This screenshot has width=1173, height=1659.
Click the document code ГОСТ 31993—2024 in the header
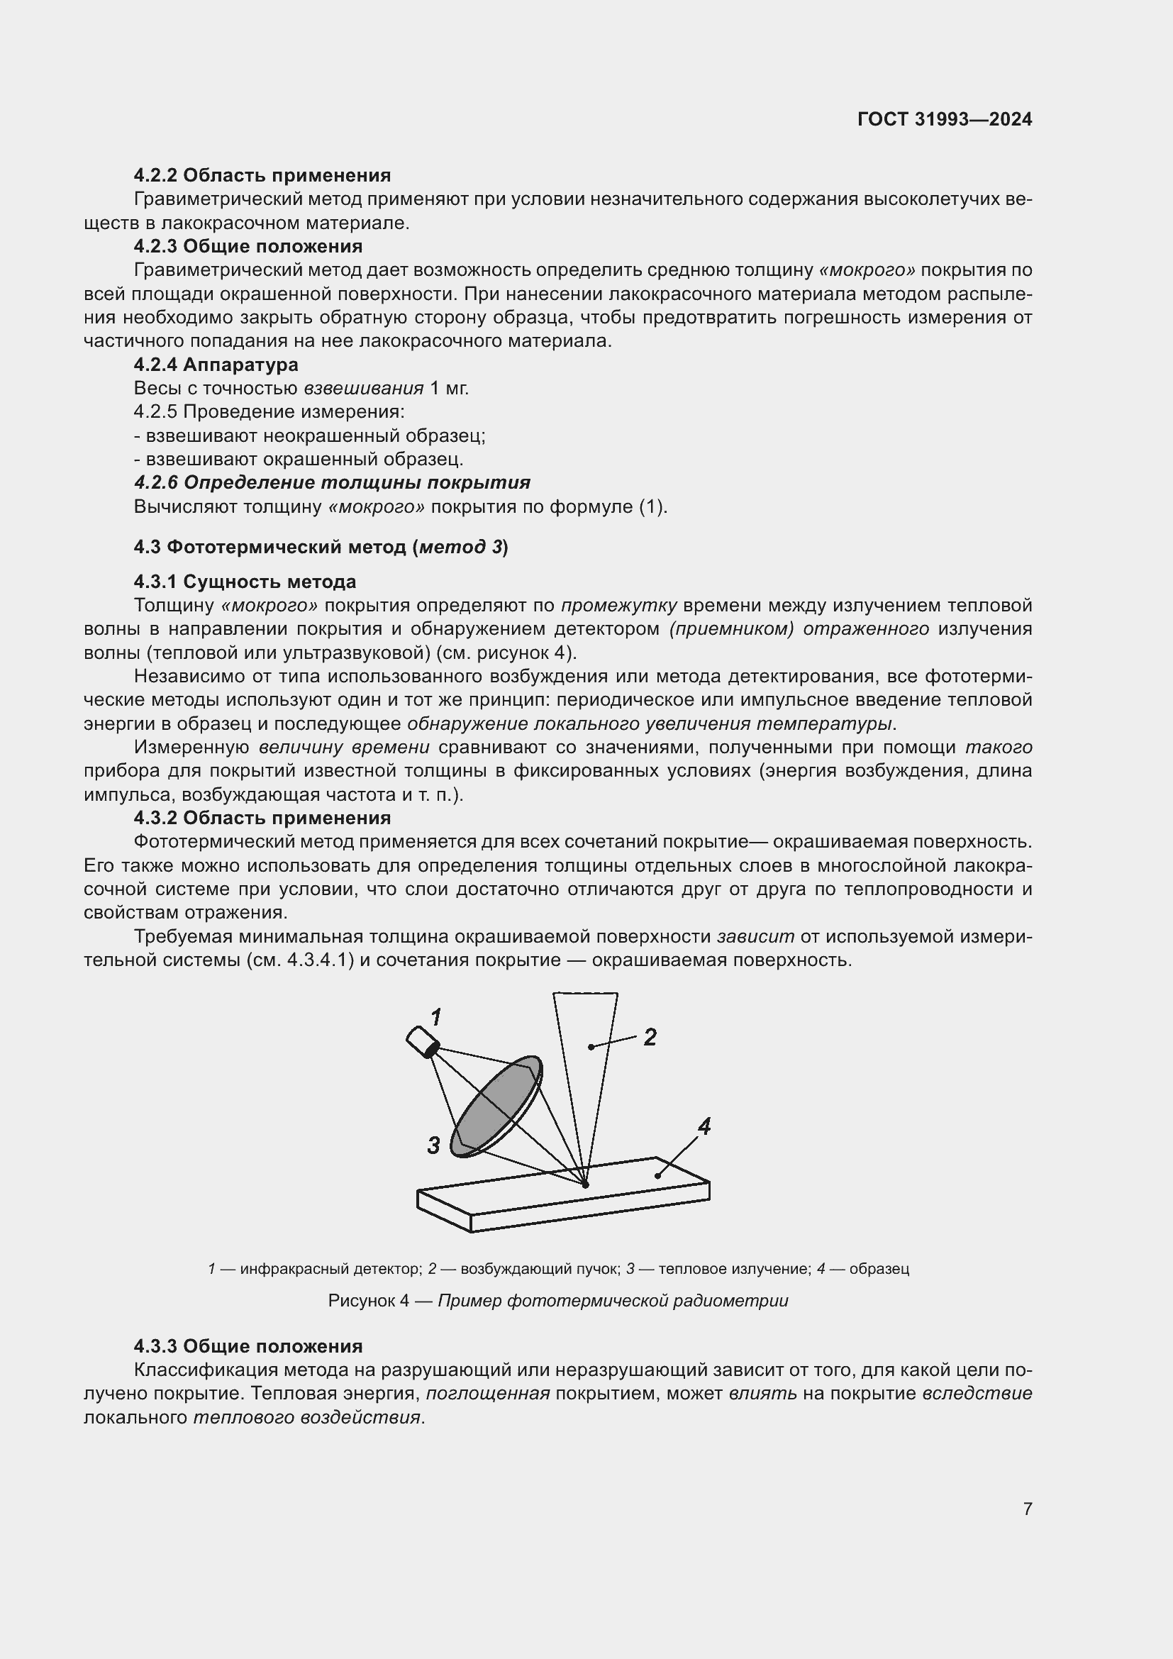pos(944,119)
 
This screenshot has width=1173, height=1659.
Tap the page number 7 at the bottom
pos(1027,1508)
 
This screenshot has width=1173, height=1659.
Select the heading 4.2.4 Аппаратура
pos(216,365)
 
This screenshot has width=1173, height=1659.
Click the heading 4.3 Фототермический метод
pos(321,547)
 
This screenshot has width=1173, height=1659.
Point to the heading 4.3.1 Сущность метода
pos(245,582)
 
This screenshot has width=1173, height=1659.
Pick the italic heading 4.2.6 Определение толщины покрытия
pos(332,483)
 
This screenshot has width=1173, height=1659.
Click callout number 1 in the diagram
pos(436,1018)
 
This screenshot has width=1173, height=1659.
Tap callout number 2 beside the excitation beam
pos(650,1038)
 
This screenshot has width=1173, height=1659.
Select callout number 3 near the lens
pos(433,1145)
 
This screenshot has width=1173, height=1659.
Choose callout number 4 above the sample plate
pos(704,1126)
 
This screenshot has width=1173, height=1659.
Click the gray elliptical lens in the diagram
pos(496,1106)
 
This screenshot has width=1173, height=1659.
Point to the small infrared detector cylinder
pos(423,1043)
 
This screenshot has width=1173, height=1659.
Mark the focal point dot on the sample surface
pos(586,1185)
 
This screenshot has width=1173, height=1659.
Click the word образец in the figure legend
pos(879,1268)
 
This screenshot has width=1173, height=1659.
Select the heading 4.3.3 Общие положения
pos(248,1346)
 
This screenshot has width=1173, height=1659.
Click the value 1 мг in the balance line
pos(449,389)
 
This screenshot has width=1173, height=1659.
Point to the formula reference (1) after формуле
pos(652,506)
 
